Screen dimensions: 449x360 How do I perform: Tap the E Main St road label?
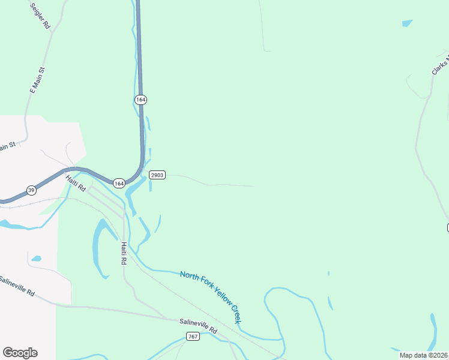tap(38, 80)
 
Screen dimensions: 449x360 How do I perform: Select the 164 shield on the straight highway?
tap(140, 99)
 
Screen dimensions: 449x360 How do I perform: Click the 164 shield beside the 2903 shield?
tap(119, 183)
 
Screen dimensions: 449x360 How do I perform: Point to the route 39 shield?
tap(31, 190)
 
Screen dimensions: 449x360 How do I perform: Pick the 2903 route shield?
tap(157, 175)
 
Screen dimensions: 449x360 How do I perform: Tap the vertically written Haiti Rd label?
tap(124, 253)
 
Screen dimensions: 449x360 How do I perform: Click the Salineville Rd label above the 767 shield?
tap(198, 326)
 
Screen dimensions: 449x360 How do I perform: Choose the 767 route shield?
tap(192, 336)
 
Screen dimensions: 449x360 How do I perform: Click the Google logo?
tap(20, 352)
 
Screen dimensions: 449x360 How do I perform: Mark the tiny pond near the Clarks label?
tap(408, 23)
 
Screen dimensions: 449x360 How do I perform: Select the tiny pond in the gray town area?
tap(36, 259)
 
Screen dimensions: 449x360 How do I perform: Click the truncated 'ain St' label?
tap(7, 146)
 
